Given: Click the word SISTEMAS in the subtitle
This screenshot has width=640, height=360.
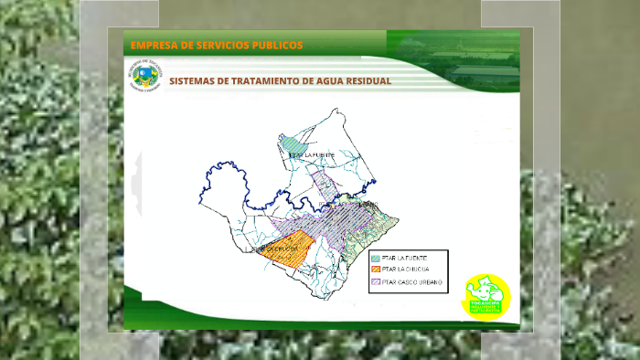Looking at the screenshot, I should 194,80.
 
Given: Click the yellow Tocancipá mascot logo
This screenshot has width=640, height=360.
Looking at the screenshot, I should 486,295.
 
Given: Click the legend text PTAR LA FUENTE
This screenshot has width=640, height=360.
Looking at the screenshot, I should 405,259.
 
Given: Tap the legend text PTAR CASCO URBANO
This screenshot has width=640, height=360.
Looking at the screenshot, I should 412,282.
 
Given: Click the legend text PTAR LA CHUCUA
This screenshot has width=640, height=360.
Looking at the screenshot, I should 406,270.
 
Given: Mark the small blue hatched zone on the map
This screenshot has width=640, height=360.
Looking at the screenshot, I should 292,143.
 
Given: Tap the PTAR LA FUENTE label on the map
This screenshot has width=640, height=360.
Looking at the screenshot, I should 312,156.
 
